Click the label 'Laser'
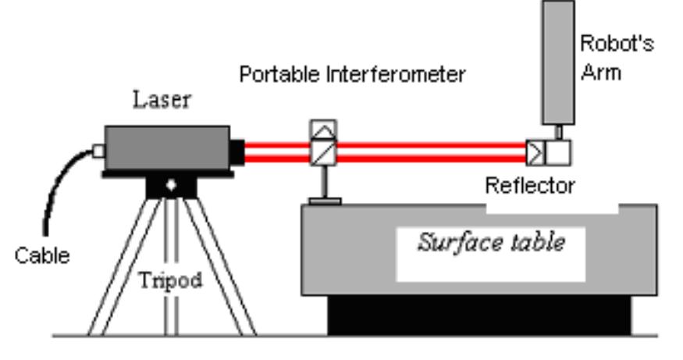tap(162, 99)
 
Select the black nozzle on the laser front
tap(237, 150)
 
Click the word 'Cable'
tap(42, 255)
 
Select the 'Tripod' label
tap(170, 280)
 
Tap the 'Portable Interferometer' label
tap(352, 74)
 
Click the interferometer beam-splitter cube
tap(323, 151)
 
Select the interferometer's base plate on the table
tap(324, 202)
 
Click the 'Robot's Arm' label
tap(616, 58)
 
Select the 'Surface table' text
tap(490, 242)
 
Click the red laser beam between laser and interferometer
tap(277, 151)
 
